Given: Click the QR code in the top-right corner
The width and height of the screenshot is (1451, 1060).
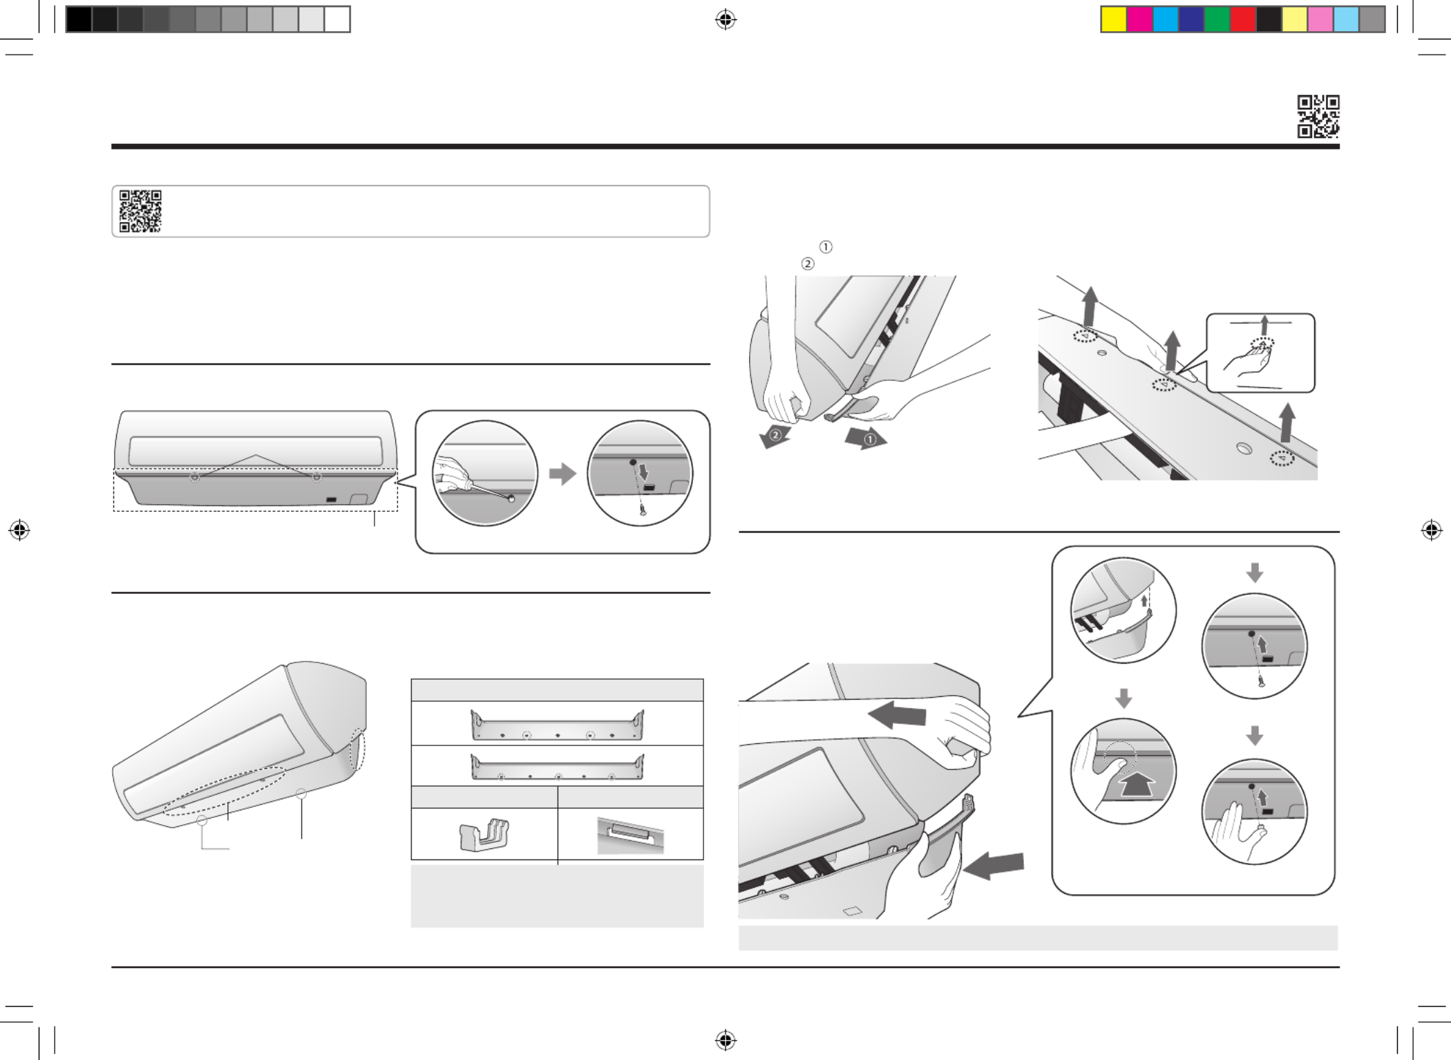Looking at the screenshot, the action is click(1318, 116).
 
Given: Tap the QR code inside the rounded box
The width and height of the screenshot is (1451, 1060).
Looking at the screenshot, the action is click(140, 211).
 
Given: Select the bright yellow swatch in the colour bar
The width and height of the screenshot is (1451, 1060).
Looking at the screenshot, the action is click(1113, 19).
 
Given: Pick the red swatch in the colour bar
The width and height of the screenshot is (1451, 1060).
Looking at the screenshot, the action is click(1242, 19).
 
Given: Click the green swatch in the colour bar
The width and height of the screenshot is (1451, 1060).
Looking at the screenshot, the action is click(1217, 19).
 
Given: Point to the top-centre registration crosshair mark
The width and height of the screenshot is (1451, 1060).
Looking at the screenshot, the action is click(725, 20).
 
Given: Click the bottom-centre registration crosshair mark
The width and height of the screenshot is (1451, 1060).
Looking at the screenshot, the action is click(725, 1039).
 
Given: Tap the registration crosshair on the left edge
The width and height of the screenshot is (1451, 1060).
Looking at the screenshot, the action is click(19, 530).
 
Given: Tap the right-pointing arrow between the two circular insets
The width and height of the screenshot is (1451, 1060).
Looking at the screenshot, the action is click(562, 474).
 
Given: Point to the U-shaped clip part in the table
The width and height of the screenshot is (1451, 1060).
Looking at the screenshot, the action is click(484, 834).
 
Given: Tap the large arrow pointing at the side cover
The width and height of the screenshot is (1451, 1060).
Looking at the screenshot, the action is click(993, 866).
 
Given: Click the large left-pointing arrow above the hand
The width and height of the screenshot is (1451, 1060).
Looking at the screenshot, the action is click(897, 714).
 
